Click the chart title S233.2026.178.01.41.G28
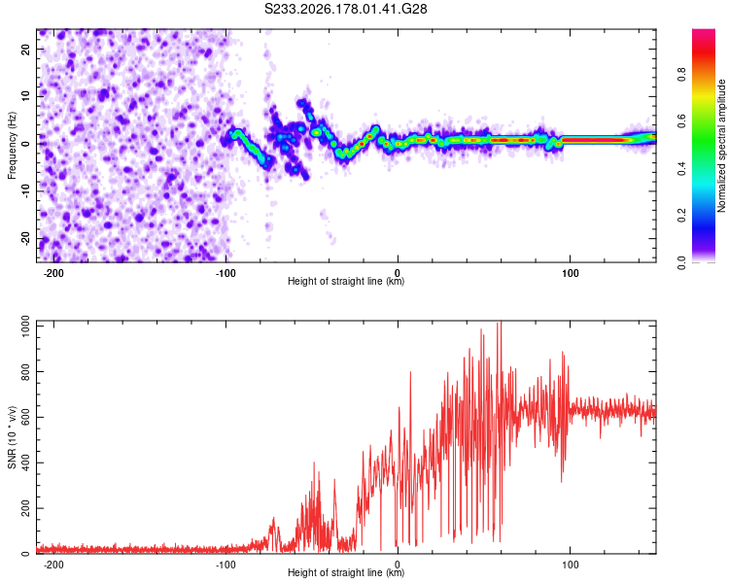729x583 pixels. [345, 9]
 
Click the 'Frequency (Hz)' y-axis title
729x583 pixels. [12, 146]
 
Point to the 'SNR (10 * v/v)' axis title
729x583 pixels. [12, 437]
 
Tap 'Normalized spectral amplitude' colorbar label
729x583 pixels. [721, 146]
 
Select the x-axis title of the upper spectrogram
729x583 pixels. [346, 281]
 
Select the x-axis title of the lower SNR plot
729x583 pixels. [346, 572]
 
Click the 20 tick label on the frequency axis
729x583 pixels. [25, 49]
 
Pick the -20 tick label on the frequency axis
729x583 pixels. [25, 238]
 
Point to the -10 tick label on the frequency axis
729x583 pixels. [25, 191]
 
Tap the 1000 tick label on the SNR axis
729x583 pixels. [25, 326]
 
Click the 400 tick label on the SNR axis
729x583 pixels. [25, 463]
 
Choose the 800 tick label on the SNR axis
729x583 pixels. [25, 372]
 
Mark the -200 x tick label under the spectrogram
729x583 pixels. [53, 273]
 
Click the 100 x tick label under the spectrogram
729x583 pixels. [570, 273]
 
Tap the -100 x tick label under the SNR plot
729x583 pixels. [226, 565]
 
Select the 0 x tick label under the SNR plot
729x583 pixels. [398, 565]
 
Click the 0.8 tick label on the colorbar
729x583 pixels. [681, 75]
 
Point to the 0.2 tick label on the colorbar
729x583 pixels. [681, 216]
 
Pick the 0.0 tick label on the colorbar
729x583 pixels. [681, 262]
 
